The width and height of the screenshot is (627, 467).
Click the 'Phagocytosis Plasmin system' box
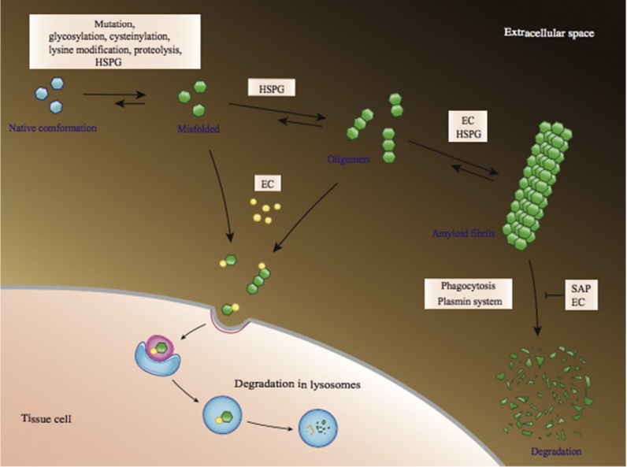468,292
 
